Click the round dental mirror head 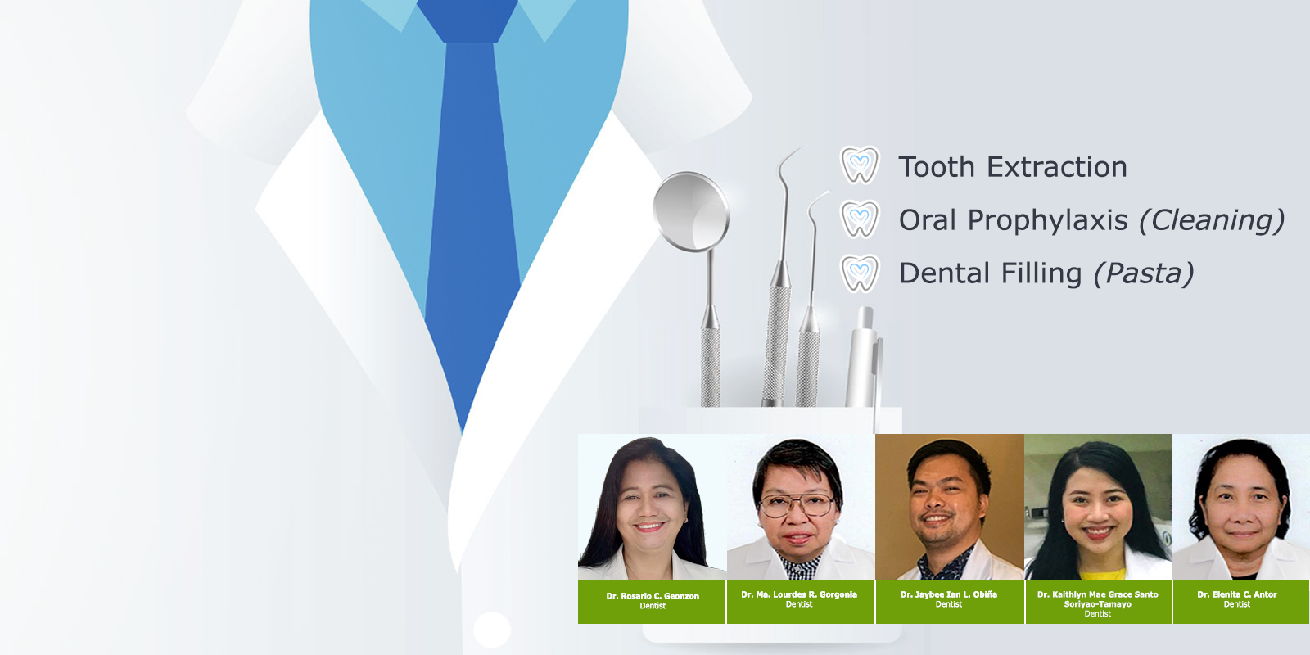pos(691,212)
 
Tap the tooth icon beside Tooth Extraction pos(859,165)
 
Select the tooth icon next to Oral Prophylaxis pos(859,219)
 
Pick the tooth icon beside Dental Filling pos(859,273)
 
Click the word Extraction pos(1057,167)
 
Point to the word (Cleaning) pos(1211,221)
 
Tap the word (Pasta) pos(1143,274)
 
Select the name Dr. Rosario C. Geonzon pos(653,596)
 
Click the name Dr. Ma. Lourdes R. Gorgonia pos(799,594)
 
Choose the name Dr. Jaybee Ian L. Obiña pos(949,594)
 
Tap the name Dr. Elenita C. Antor pos(1237,594)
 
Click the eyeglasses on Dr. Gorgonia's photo pos(797,504)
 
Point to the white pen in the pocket pos(863,357)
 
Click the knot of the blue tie pos(468,21)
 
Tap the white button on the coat pos(492,630)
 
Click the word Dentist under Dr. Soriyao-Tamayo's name pos(1098,613)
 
